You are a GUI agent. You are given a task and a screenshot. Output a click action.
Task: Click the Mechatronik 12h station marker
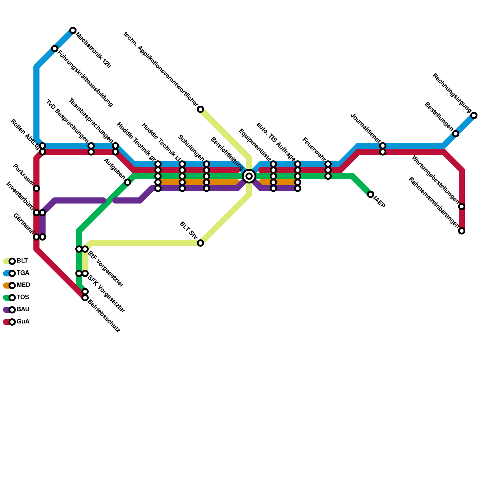(x=73, y=30)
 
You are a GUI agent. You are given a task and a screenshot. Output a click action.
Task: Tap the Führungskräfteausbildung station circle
(x=55, y=49)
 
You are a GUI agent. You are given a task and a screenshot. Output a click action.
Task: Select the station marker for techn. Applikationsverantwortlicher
(x=200, y=109)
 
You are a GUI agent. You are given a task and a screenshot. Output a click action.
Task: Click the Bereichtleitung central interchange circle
(x=249, y=176)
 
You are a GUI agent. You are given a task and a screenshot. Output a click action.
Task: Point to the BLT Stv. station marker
(x=200, y=243)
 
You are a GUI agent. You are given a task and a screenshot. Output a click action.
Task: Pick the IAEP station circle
(x=370, y=195)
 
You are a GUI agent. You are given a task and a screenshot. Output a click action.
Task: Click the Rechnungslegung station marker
(x=474, y=115)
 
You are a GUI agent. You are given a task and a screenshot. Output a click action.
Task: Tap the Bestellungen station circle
(x=456, y=134)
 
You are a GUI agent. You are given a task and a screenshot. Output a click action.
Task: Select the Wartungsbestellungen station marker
(x=462, y=207)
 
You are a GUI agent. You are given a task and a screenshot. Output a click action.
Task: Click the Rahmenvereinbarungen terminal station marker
(x=462, y=231)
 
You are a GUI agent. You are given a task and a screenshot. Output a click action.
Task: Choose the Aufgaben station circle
(x=128, y=182)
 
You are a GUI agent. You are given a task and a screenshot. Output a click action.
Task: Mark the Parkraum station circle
(x=36, y=188)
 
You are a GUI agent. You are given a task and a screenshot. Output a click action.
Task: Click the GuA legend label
(x=23, y=322)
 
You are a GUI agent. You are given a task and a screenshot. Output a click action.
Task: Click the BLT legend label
(x=22, y=261)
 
